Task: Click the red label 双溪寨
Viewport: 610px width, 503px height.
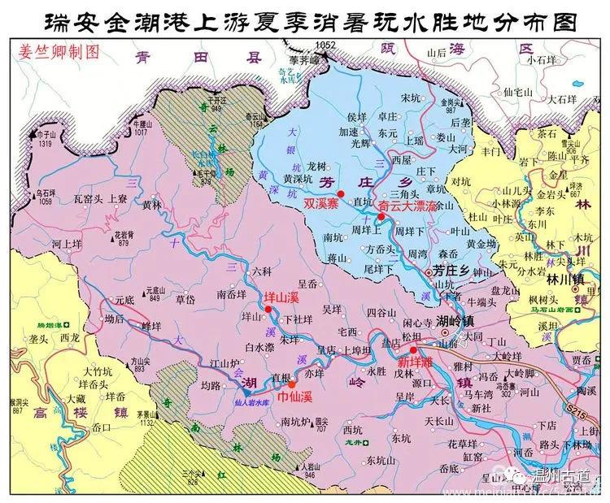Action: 320,206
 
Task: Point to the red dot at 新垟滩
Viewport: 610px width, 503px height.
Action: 412,349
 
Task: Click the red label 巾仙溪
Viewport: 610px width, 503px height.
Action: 294,397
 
